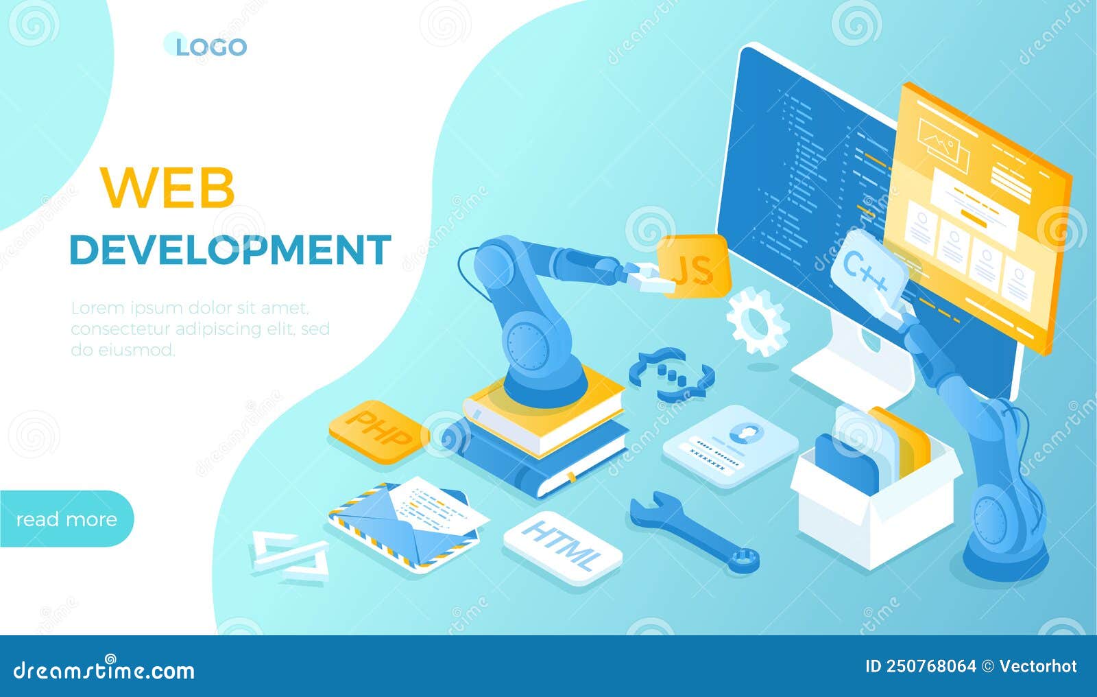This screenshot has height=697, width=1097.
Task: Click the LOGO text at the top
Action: click(211, 47)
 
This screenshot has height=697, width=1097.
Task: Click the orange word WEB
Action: click(167, 187)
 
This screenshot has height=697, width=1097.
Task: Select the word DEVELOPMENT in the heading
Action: click(230, 250)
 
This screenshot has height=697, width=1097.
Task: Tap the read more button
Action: click(67, 519)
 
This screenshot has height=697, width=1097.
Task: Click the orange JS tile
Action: click(695, 266)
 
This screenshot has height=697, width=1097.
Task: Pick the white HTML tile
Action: click(563, 547)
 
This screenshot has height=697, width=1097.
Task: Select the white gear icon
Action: click(757, 322)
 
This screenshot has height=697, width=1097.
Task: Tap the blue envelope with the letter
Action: click(407, 525)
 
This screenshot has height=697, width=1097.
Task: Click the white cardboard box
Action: click(874, 505)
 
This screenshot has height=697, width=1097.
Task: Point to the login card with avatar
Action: click(730, 446)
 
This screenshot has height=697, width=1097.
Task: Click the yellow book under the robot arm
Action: click(544, 416)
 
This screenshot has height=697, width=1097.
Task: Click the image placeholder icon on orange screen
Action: click(943, 145)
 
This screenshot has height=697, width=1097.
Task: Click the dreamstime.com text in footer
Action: click(104, 670)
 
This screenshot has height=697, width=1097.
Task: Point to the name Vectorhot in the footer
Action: click(1038, 666)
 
